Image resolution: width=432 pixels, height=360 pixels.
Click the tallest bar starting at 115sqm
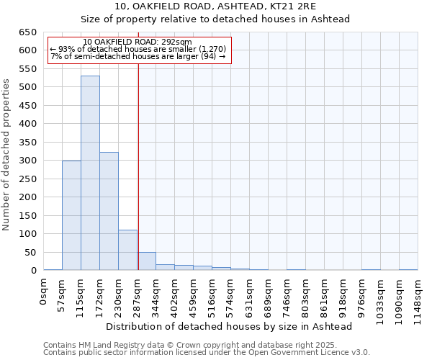coord(90,173)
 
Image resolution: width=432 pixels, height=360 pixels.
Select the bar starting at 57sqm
coord(71,215)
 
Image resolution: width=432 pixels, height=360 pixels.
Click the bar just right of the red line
coord(147,261)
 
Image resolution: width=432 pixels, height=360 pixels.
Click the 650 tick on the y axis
coord(28,32)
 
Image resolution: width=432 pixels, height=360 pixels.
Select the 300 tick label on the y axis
coord(28,161)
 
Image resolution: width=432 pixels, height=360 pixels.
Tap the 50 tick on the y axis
coord(31,253)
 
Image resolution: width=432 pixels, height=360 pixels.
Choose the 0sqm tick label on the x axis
coord(44,292)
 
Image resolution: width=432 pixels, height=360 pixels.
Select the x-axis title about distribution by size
coord(228,326)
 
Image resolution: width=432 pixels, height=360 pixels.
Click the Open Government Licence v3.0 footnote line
coord(207,353)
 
